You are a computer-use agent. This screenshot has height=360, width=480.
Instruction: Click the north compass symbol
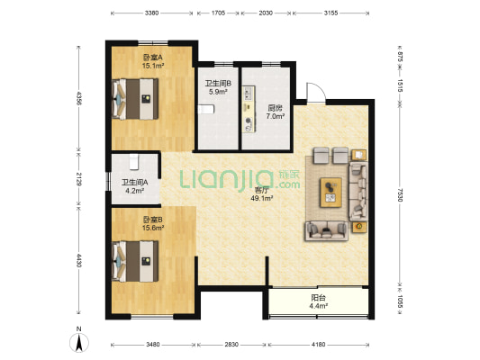coord(79,343)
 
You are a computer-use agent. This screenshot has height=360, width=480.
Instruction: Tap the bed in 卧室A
coord(135,99)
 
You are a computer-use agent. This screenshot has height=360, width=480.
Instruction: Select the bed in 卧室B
coord(135,261)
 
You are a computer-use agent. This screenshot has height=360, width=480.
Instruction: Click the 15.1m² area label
coord(153,66)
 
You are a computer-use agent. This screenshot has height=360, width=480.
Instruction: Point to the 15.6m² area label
coord(153,228)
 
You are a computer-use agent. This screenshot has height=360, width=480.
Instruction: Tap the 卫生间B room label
coord(218,83)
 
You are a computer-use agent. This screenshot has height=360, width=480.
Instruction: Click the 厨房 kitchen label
coord(275,108)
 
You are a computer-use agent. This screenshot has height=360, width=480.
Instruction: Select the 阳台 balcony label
coord(319,297)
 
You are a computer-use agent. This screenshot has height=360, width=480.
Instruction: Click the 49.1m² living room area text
coord(262,198)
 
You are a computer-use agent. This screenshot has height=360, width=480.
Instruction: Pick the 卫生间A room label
coord(135,183)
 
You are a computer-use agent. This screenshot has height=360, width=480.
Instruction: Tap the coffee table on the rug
coord(331,193)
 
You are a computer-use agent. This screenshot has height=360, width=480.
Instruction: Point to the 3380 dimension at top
coord(151,13)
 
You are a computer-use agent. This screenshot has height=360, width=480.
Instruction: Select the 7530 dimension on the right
coord(400,194)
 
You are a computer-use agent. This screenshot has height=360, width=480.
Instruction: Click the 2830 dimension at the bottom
coord(231,345)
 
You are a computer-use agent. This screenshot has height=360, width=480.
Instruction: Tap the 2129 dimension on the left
coord(78,179)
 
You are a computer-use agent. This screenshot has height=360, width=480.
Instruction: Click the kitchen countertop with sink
coord(249,109)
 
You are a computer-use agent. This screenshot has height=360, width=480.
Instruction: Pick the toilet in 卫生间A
coord(134,162)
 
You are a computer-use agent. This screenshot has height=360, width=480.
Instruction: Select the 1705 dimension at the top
coord(218,13)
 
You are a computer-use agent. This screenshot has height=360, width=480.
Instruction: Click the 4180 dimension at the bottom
coord(319,345)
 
